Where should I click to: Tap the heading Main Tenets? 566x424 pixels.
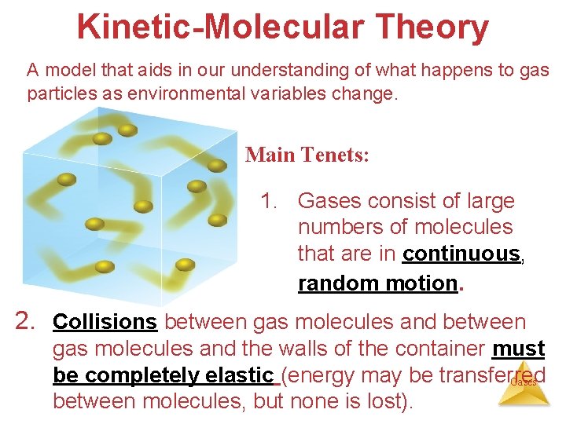click(x=307, y=155)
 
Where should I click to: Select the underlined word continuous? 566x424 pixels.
click(x=461, y=254)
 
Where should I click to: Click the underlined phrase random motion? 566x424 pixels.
click(x=377, y=283)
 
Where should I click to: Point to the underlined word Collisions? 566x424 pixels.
click(x=105, y=322)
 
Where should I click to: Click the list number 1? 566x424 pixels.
click(x=270, y=201)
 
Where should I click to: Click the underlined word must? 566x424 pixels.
click(x=518, y=349)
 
